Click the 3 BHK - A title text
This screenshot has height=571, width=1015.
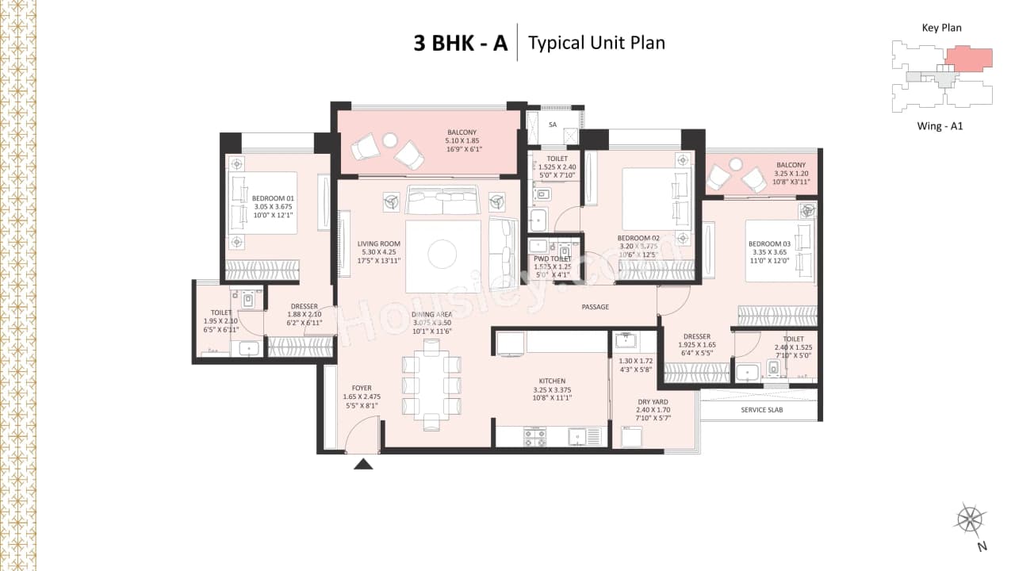pos(460,42)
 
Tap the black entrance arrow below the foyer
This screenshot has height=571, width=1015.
pos(362,462)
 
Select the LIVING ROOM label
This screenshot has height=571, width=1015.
pos(378,244)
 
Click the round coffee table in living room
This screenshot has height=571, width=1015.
pos(442,255)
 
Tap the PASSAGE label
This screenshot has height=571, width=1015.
pos(595,307)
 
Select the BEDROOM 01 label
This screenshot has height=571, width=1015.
pos(273,199)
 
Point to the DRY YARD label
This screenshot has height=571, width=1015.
pos(653,402)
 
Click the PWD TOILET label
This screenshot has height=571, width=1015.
pos(553,259)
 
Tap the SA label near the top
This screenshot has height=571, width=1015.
pos(553,125)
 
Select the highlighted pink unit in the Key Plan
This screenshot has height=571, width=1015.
pos(968,58)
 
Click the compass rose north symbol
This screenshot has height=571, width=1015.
pos(970,519)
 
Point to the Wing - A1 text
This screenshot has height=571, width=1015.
pos(940,125)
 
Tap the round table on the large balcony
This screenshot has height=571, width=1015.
pos(389,140)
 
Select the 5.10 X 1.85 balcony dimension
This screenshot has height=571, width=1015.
pos(463,141)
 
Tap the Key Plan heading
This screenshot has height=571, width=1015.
pos(941,28)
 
